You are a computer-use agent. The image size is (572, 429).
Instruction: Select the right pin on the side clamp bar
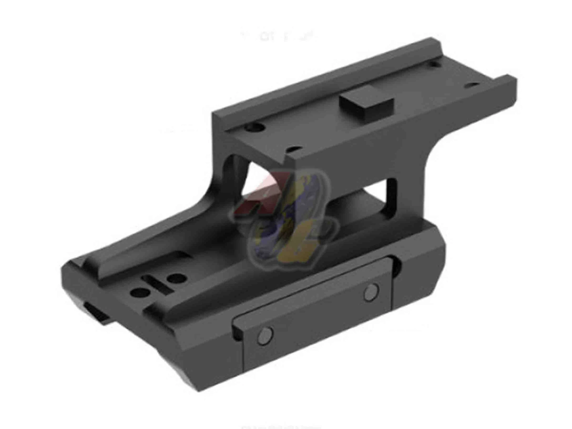(371, 291)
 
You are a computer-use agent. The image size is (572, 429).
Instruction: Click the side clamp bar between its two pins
(316, 311)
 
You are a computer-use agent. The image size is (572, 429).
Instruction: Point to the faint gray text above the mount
(279, 36)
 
